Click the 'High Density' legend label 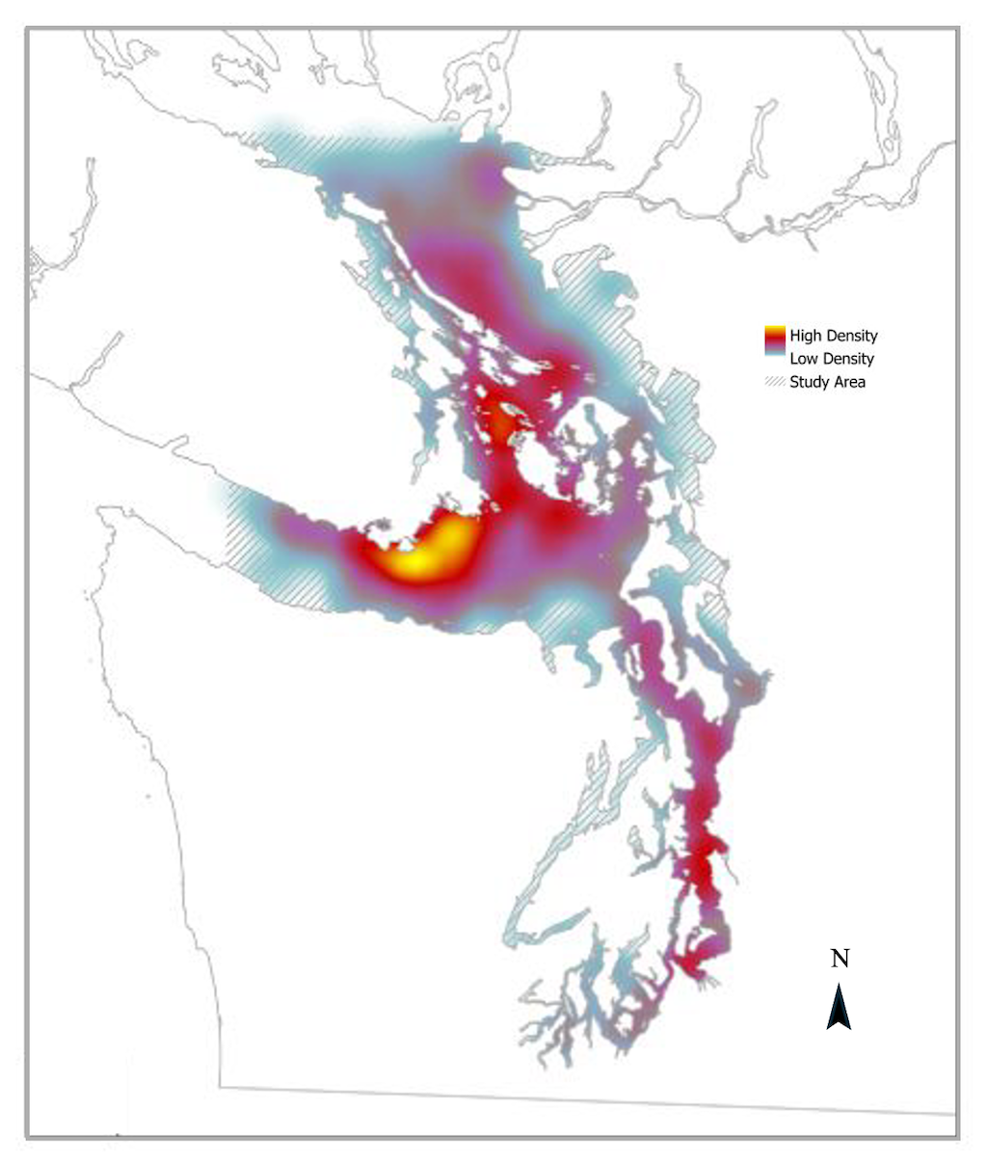pos(833,337)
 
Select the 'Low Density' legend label pos(832,359)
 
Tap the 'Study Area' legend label pos(827,382)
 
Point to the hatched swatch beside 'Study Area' pos(775,382)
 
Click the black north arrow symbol pos(839,1008)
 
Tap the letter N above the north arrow pos(840,959)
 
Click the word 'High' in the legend pos(806,337)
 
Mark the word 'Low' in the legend pos(804,359)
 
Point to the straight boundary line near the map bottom pos(578,1099)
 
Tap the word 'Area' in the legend pos(849,382)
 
